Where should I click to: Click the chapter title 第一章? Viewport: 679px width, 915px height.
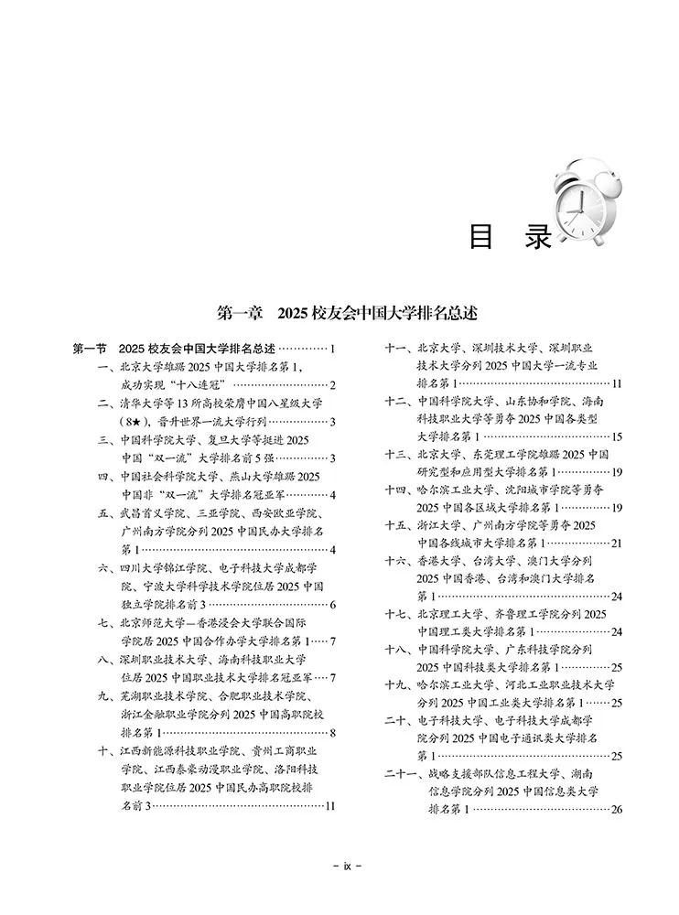click(x=240, y=312)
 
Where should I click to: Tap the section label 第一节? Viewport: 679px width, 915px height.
click(x=91, y=349)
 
